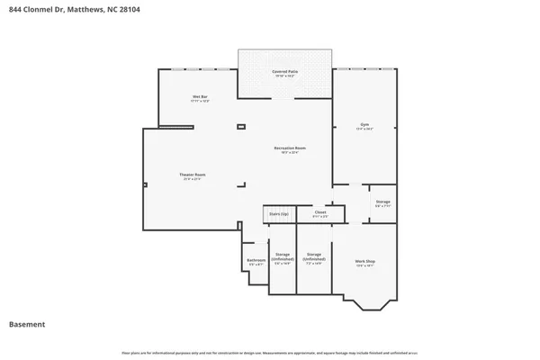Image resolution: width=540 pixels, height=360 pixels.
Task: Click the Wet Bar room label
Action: [200, 97]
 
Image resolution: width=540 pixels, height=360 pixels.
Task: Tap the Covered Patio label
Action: [286, 72]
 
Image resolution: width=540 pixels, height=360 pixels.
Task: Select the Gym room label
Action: [364, 126]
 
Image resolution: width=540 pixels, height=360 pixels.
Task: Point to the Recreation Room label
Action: [290, 148]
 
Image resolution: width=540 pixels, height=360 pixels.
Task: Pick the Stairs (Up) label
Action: [279, 213]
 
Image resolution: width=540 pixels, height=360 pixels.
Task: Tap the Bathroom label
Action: [256, 261]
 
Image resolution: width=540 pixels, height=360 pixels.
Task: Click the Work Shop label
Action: [364, 262]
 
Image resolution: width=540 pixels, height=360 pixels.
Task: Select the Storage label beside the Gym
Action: [382, 202]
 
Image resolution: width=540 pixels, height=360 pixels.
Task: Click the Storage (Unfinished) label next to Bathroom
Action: [283, 258]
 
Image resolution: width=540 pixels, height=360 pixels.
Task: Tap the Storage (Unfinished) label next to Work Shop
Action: [314, 258]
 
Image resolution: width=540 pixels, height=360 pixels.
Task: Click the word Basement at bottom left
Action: [27, 323]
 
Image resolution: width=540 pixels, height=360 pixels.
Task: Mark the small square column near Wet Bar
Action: [240, 128]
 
